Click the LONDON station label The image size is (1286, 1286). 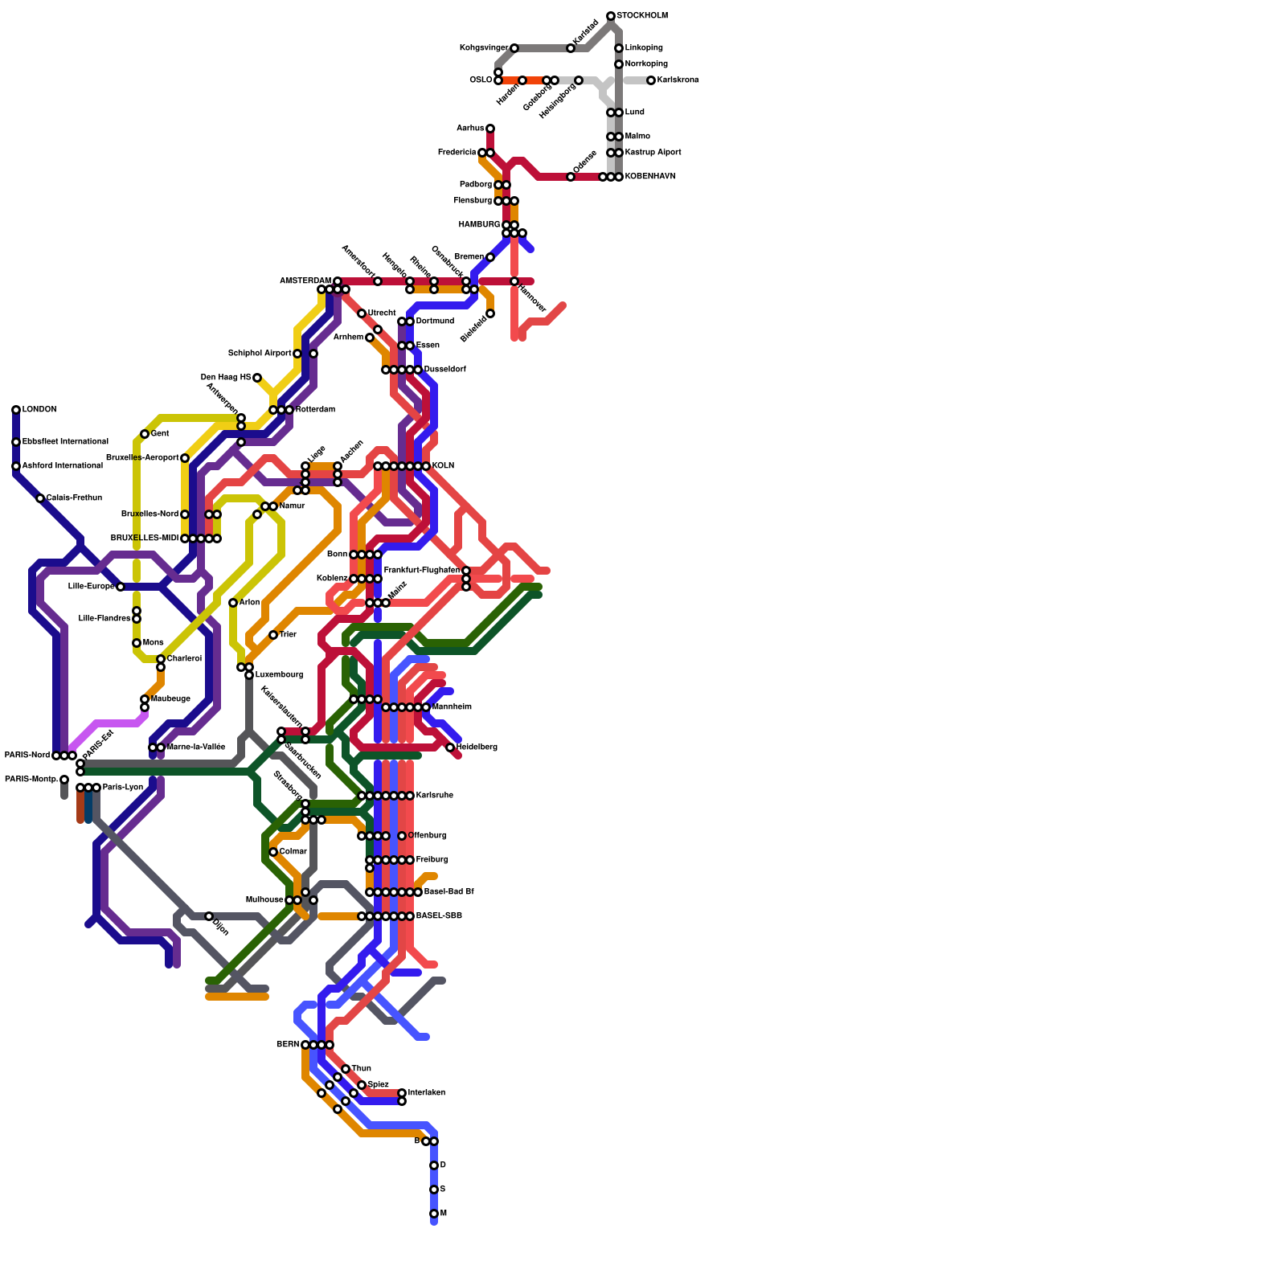click(x=39, y=410)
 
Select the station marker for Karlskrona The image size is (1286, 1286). click(x=651, y=80)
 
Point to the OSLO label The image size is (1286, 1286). click(x=481, y=80)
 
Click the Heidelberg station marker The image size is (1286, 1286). click(x=450, y=747)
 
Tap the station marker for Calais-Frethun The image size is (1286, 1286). click(x=40, y=498)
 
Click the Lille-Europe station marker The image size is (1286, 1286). click(x=121, y=587)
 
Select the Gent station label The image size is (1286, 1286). click(x=160, y=434)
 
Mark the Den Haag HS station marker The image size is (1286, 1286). click(x=257, y=378)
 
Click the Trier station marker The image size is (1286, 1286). click(x=273, y=635)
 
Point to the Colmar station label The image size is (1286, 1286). click(x=293, y=852)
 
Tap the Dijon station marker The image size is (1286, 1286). click(x=209, y=916)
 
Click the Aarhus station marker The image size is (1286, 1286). click(x=490, y=129)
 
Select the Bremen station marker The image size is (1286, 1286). click(x=490, y=257)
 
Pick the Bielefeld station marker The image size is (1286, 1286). click(x=490, y=313)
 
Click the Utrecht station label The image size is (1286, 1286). click(x=382, y=313)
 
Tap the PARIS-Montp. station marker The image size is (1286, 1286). click(x=64, y=780)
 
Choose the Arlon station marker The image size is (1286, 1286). click(x=233, y=603)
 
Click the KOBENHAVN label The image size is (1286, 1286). click(x=650, y=177)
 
